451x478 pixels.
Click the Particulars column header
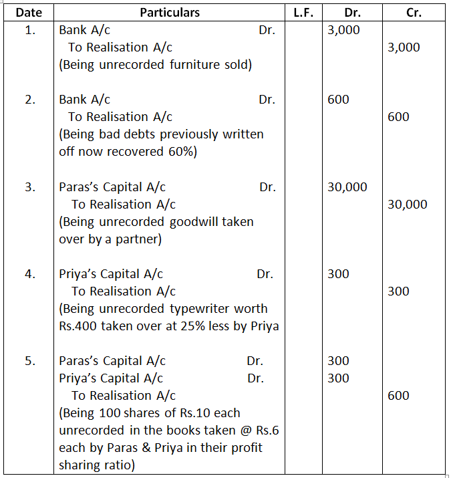[x=170, y=12]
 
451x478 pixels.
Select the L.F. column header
[x=304, y=12]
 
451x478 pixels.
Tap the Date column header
[x=29, y=12]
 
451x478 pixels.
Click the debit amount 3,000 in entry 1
[x=343, y=30]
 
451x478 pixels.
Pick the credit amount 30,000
[x=407, y=205]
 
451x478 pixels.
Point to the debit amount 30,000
[x=347, y=187]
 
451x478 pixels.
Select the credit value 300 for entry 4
[x=398, y=291]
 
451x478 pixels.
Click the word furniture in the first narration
[x=185, y=65]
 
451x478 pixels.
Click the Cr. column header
[x=414, y=12]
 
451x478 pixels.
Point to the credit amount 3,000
[x=404, y=47]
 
